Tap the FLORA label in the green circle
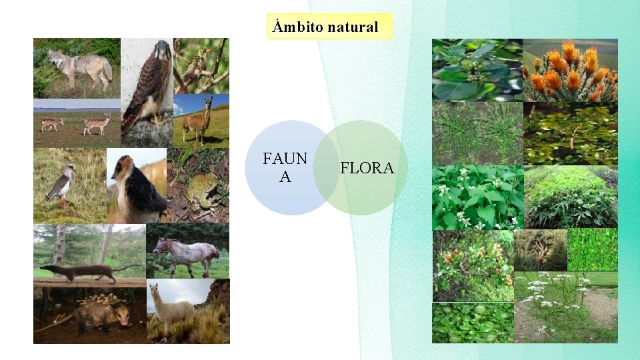point(367,168)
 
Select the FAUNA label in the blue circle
point(285,167)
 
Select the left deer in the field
point(52,123)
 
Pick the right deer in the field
point(97,123)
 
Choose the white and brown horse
point(186,253)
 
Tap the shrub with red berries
point(472,265)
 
